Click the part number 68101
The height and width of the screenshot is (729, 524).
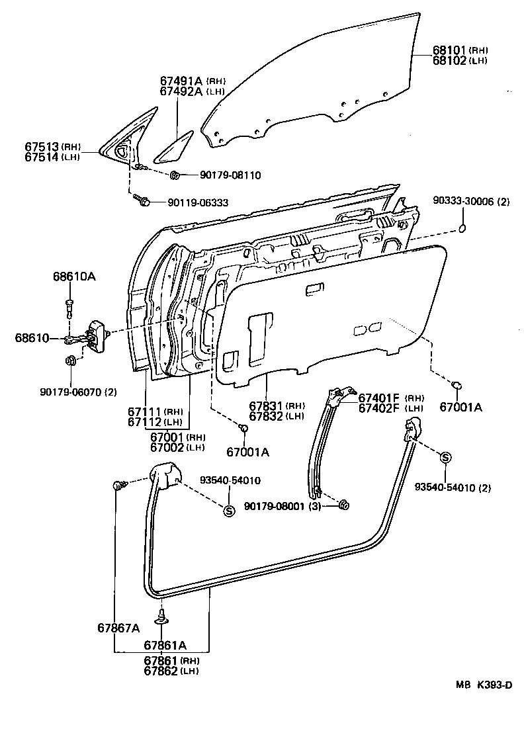coord(450,50)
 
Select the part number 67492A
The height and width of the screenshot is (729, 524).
coord(181,91)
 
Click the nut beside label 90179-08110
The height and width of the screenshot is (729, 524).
coord(175,175)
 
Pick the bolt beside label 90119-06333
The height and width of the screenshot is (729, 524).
coord(141,200)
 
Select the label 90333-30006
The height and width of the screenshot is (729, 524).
coord(464,201)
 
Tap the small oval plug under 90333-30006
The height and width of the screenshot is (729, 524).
coord(463,229)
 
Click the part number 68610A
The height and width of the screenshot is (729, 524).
coord(74,277)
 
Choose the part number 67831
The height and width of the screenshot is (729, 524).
coord(267,406)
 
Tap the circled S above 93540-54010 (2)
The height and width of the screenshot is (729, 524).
coord(445,458)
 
